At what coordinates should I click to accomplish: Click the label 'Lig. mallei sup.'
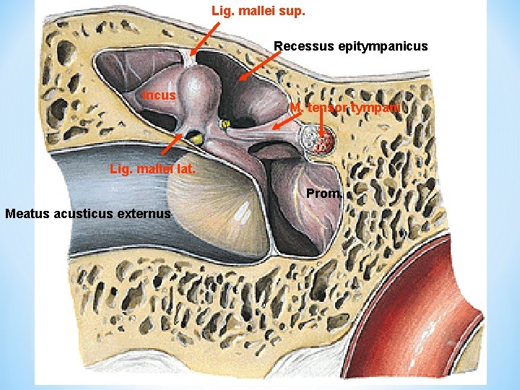(x=258, y=11)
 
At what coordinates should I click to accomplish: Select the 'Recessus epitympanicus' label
(x=351, y=46)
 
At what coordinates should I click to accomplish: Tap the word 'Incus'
(x=159, y=95)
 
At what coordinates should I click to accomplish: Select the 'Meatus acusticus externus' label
(x=87, y=214)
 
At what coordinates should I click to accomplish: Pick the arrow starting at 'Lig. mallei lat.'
(x=170, y=145)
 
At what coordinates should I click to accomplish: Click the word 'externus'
(x=147, y=214)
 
